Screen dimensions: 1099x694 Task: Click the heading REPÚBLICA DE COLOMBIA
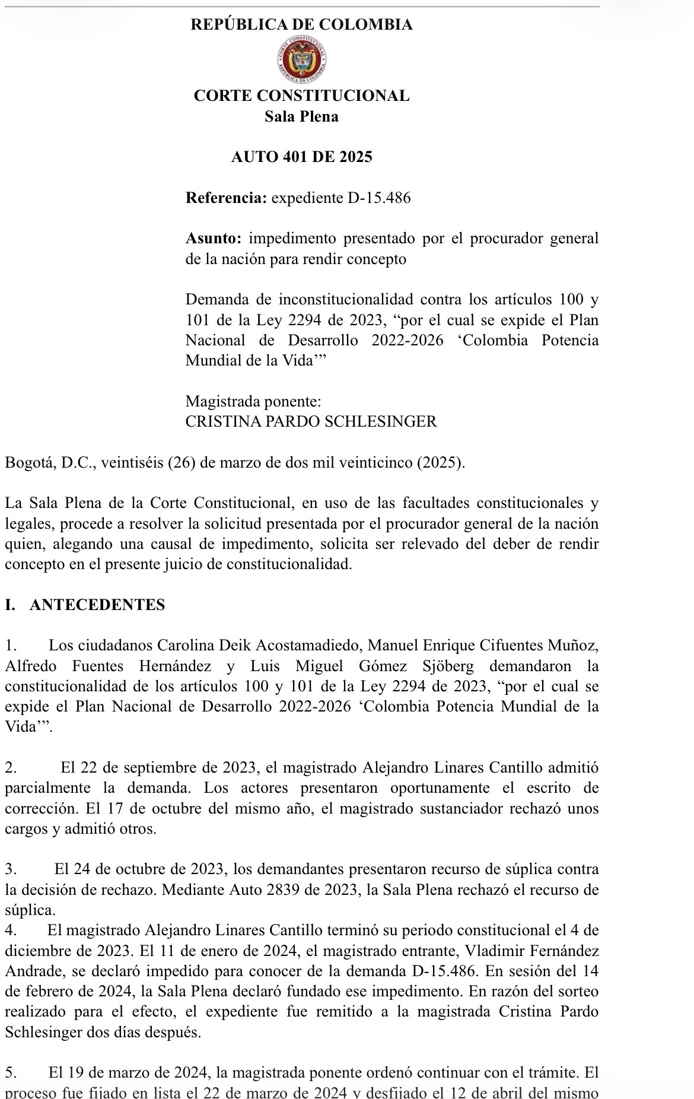click(301, 25)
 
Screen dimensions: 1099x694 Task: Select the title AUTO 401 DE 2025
click(301, 157)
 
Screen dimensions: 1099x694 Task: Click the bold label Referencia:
click(226, 198)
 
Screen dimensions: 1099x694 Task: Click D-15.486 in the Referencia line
click(378, 198)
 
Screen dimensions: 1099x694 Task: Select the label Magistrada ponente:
click(253, 402)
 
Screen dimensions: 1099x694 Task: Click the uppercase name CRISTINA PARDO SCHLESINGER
click(311, 422)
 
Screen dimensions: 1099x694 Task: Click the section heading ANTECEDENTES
click(97, 605)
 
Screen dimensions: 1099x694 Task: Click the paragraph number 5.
click(11, 1073)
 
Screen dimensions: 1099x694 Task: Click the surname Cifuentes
click(515, 646)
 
